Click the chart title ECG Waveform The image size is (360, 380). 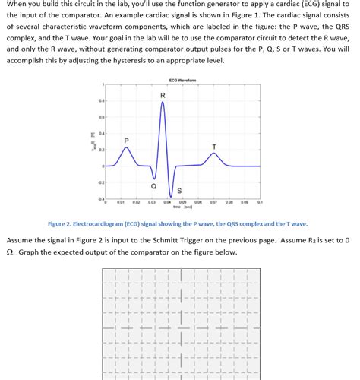click(183, 80)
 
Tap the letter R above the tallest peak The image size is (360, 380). click(162, 95)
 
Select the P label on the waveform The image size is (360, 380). click(126, 141)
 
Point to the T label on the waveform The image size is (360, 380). click(213, 146)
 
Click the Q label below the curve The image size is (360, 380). click(154, 185)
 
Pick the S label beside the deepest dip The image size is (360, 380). click(179, 190)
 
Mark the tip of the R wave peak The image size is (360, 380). click(162, 102)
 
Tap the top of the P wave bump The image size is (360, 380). click(126, 149)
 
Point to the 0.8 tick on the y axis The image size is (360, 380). click(99, 100)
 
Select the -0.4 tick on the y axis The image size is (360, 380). click(99, 199)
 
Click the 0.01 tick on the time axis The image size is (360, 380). click(120, 203)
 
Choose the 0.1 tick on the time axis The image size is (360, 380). click(260, 203)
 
